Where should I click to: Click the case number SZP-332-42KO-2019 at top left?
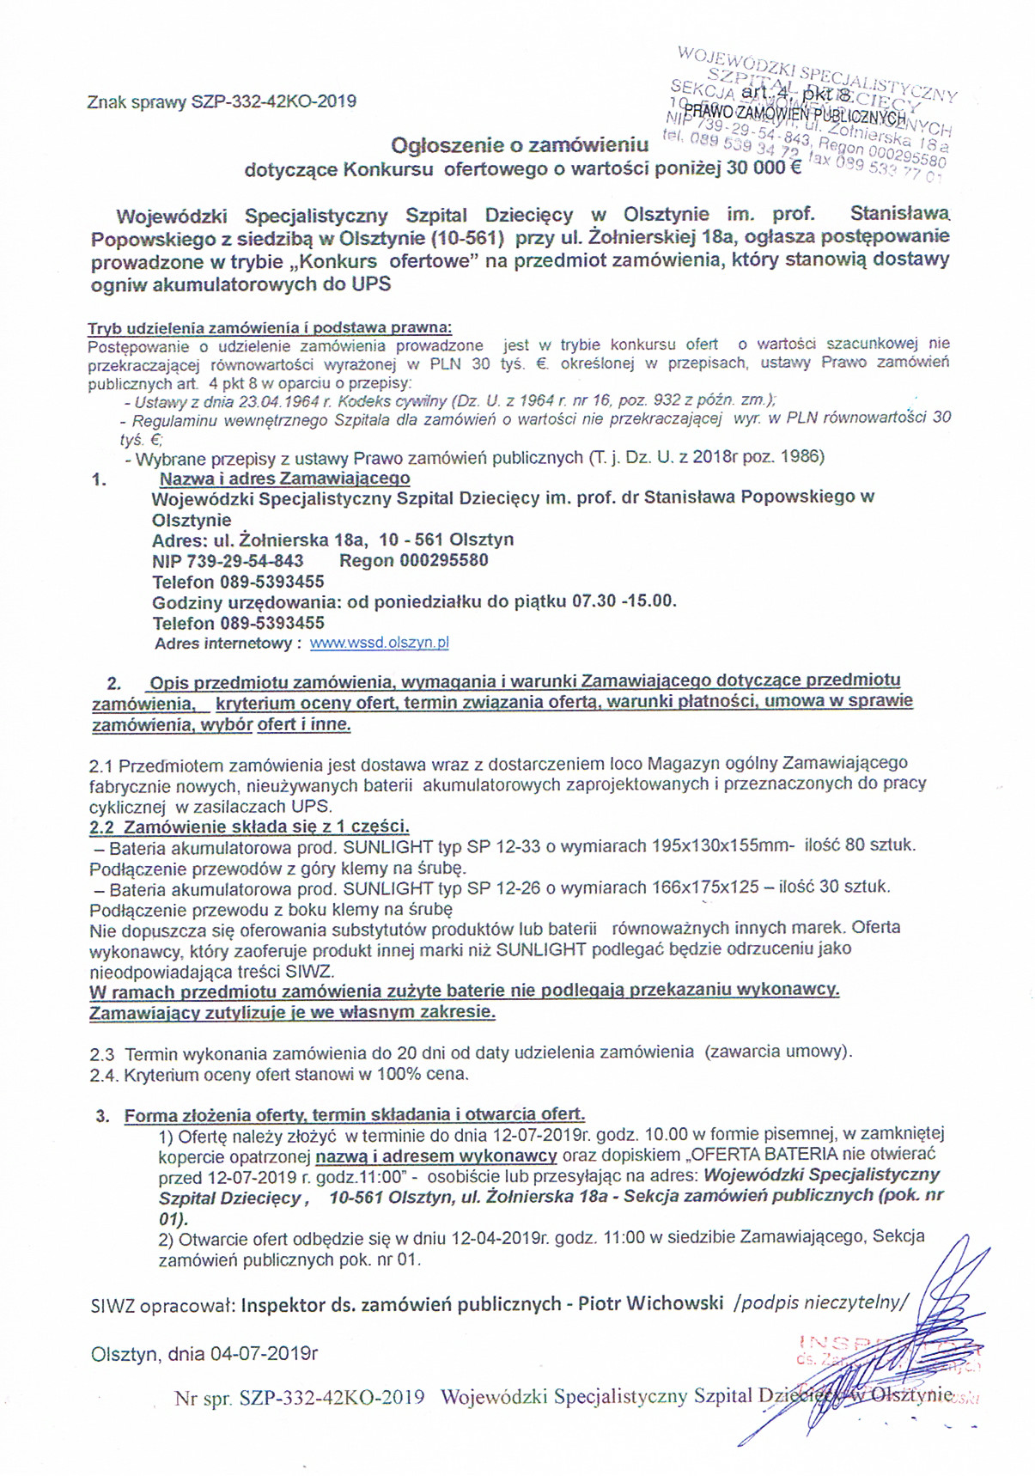[x=273, y=101]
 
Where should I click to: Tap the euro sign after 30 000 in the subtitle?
[x=794, y=167]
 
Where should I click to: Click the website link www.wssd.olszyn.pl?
[x=379, y=643]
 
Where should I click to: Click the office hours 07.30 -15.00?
[x=624, y=601]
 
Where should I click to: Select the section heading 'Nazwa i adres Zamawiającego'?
[x=285, y=478]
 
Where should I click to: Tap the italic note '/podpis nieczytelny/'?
[x=820, y=1303]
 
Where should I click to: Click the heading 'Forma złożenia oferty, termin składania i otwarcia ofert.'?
[x=355, y=1115]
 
